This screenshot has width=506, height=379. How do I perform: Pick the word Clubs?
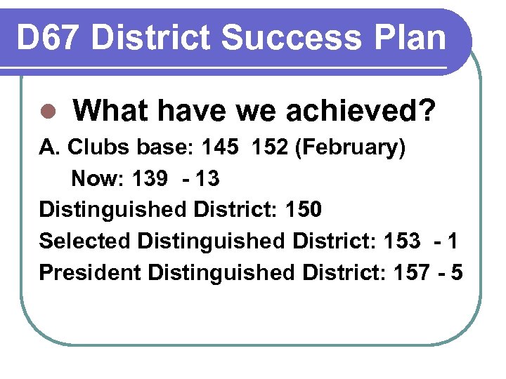tap(95, 149)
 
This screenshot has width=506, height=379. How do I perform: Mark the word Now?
tap(96, 179)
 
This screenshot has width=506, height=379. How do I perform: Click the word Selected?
tap(85, 240)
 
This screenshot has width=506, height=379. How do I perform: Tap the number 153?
tap(401, 240)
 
